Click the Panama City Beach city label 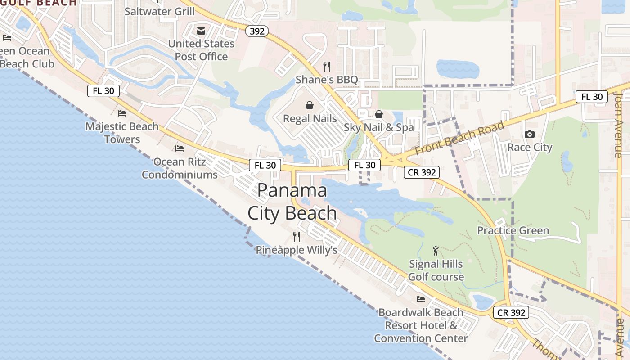pyautogui.click(x=292, y=202)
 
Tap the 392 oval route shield pyautogui.click(x=257, y=31)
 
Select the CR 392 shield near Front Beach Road pyautogui.click(x=421, y=172)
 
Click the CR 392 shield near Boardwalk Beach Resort pyautogui.click(x=511, y=312)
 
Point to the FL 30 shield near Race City pyautogui.click(x=592, y=97)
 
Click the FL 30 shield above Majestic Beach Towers pyautogui.click(x=103, y=91)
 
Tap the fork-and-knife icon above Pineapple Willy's pyautogui.click(x=297, y=236)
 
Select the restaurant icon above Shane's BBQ pyautogui.click(x=327, y=67)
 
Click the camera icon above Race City pyautogui.click(x=530, y=134)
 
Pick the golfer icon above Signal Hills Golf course pyautogui.click(x=435, y=251)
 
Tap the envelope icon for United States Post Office pyautogui.click(x=201, y=31)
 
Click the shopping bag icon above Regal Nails pyautogui.click(x=310, y=105)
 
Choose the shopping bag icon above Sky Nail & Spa pyautogui.click(x=379, y=114)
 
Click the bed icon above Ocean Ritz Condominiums pyautogui.click(x=180, y=148)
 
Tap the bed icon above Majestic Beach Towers pyautogui.click(x=122, y=113)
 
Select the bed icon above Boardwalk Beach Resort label pyautogui.click(x=421, y=299)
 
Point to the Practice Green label pyautogui.click(x=513, y=231)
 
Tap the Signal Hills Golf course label pyautogui.click(x=436, y=270)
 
